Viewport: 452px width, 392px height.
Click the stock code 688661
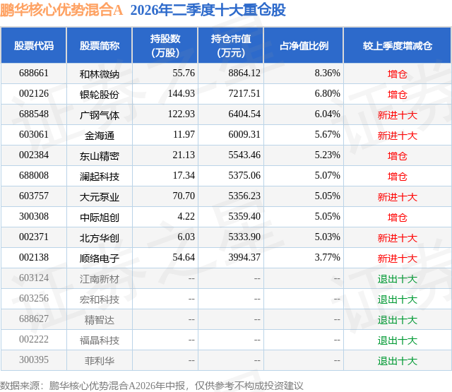point(34,73)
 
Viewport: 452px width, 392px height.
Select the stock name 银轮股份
point(100,94)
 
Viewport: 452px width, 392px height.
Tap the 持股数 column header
point(165,45)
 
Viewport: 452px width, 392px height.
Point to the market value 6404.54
point(244,114)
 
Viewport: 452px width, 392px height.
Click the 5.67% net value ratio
point(327,135)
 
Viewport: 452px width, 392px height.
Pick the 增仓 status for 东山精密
point(397,156)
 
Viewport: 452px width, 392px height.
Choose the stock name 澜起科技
point(100,176)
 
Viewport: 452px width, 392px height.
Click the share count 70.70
point(184,196)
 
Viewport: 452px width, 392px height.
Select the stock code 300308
point(34,216)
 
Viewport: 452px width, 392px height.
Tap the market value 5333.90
point(244,237)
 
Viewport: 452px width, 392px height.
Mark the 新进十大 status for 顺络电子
point(397,259)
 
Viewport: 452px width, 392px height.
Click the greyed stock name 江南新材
point(100,279)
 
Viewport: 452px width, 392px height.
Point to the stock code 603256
point(34,298)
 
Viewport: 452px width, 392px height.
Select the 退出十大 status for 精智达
point(397,320)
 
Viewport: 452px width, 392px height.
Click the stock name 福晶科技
point(100,340)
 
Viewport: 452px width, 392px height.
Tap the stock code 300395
point(34,360)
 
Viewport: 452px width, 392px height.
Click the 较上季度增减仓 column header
point(397,45)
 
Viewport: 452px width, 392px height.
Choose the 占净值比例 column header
point(304,45)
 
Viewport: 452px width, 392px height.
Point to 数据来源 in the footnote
point(20,386)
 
